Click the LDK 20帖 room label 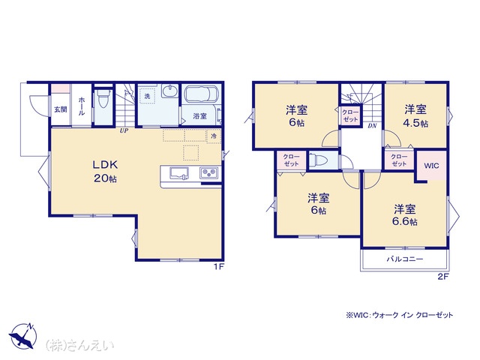pyautogui.click(x=105, y=171)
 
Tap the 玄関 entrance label pyautogui.click(x=61, y=109)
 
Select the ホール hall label pyautogui.click(x=82, y=106)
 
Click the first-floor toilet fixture pyautogui.click(x=103, y=98)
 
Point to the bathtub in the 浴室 pyautogui.click(x=202, y=94)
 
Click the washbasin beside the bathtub pyautogui.click(x=169, y=91)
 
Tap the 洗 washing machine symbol pyautogui.click(x=147, y=96)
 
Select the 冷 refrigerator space pyautogui.click(x=214, y=136)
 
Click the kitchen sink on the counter pyautogui.click(x=179, y=173)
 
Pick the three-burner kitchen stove pyautogui.click(x=209, y=173)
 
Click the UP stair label pyautogui.click(x=124, y=130)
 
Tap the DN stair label pyautogui.click(x=372, y=125)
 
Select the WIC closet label pyautogui.click(x=431, y=166)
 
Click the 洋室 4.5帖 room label pyautogui.click(x=415, y=115)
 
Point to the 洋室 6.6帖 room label pyautogui.click(x=405, y=215)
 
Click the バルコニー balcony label pyautogui.click(x=405, y=259)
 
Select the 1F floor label pyautogui.click(x=219, y=267)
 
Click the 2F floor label pyautogui.click(x=443, y=277)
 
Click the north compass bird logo pyautogui.click(x=23, y=336)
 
